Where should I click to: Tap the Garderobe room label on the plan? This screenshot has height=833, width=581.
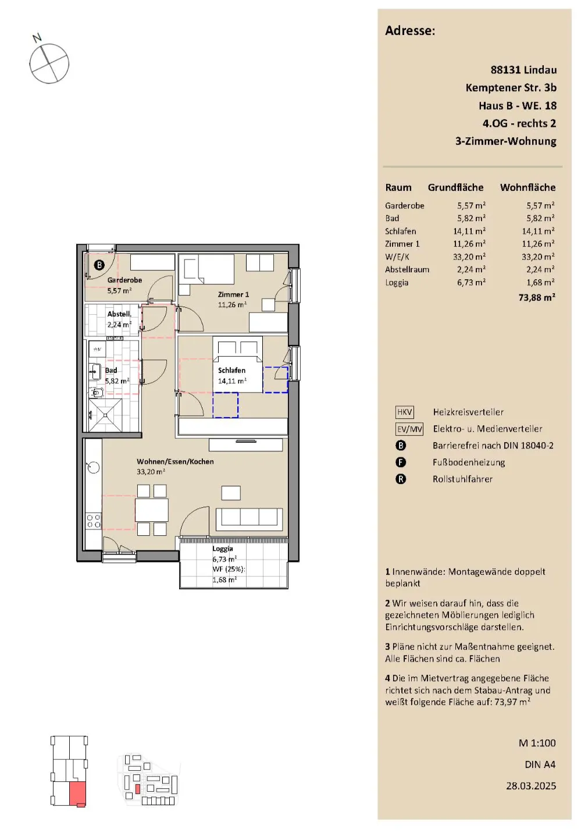tap(124, 280)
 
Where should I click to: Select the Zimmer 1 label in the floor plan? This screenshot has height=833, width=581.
tap(233, 294)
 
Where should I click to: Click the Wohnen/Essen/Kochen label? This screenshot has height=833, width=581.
tap(175, 461)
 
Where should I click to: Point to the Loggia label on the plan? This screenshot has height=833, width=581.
tap(223, 549)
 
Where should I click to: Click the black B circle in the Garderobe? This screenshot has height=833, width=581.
tap(99, 265)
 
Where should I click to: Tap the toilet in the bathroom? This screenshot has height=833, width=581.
tap(97, 392)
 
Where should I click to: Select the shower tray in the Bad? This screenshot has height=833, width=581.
tap(106, 415)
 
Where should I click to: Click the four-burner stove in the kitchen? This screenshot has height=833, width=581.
tap(93, 521)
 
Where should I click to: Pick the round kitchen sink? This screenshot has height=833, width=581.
tap(93, 468)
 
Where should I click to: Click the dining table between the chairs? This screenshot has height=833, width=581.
tap(152, 510)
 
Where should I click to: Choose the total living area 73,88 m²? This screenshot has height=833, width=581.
tap(537, 297)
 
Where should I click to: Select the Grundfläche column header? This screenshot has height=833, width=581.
tap(456, 187)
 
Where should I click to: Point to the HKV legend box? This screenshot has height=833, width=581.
tap(404, 412)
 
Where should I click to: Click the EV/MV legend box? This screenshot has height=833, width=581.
tap(409, 429)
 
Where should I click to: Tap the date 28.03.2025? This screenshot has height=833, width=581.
tap(531, 786)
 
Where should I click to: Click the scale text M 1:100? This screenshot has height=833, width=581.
tap(537, 743)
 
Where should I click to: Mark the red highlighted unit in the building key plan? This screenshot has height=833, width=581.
tap(78, 795)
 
